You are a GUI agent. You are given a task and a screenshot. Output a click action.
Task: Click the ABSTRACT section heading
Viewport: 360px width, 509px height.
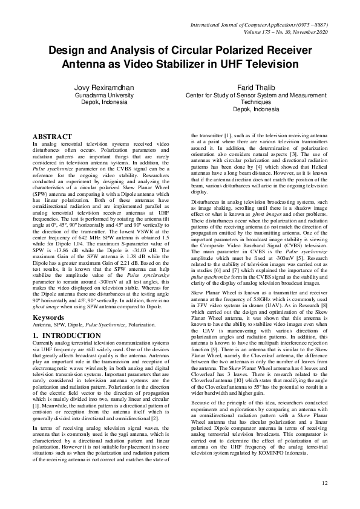pos(52,137)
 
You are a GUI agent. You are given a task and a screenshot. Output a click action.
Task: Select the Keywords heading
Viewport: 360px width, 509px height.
pos(50,317)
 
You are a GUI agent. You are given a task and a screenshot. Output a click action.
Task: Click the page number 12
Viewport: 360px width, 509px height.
pos(325,482)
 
